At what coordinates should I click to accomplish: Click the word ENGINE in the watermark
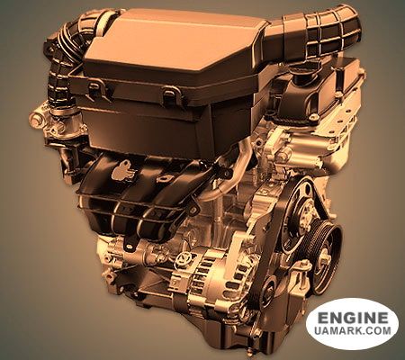pyautogui.click(x=353, y=318)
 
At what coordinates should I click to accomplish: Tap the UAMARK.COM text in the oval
pyautogui.click(x=353, y=330)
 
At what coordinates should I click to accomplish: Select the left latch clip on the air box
pyautogui.click(x=95, y=91)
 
